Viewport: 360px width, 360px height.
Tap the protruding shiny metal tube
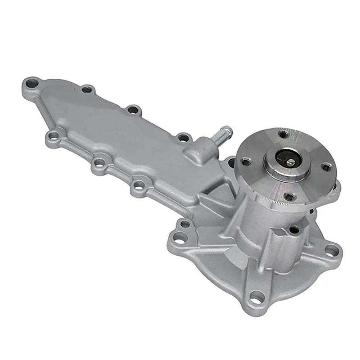pos(223,135)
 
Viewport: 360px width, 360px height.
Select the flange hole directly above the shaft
pos(283,134)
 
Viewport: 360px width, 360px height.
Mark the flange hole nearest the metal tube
pos(246,161)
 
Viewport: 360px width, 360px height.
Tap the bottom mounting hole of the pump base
pos(257,296)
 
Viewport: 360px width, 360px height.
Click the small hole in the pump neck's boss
pos(294,231)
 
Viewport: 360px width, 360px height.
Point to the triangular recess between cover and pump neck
pos(211,198)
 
